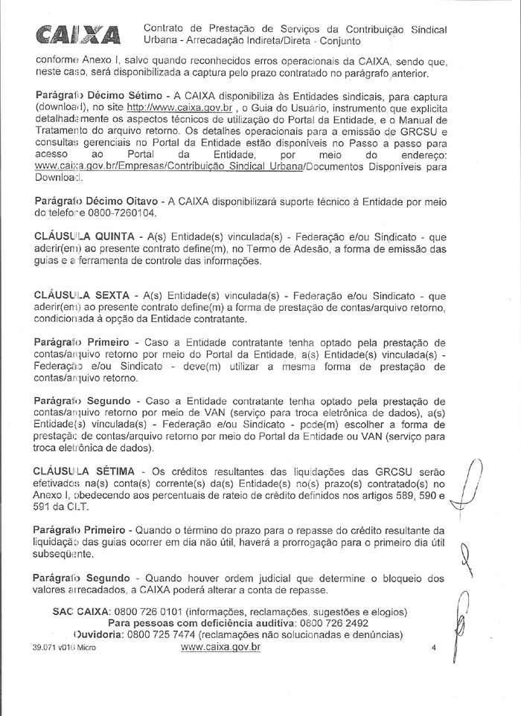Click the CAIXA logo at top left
point(71,34)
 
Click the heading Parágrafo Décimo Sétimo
point(97,97)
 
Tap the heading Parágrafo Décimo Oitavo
point(96,201)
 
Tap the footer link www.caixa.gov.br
point(220,648)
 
